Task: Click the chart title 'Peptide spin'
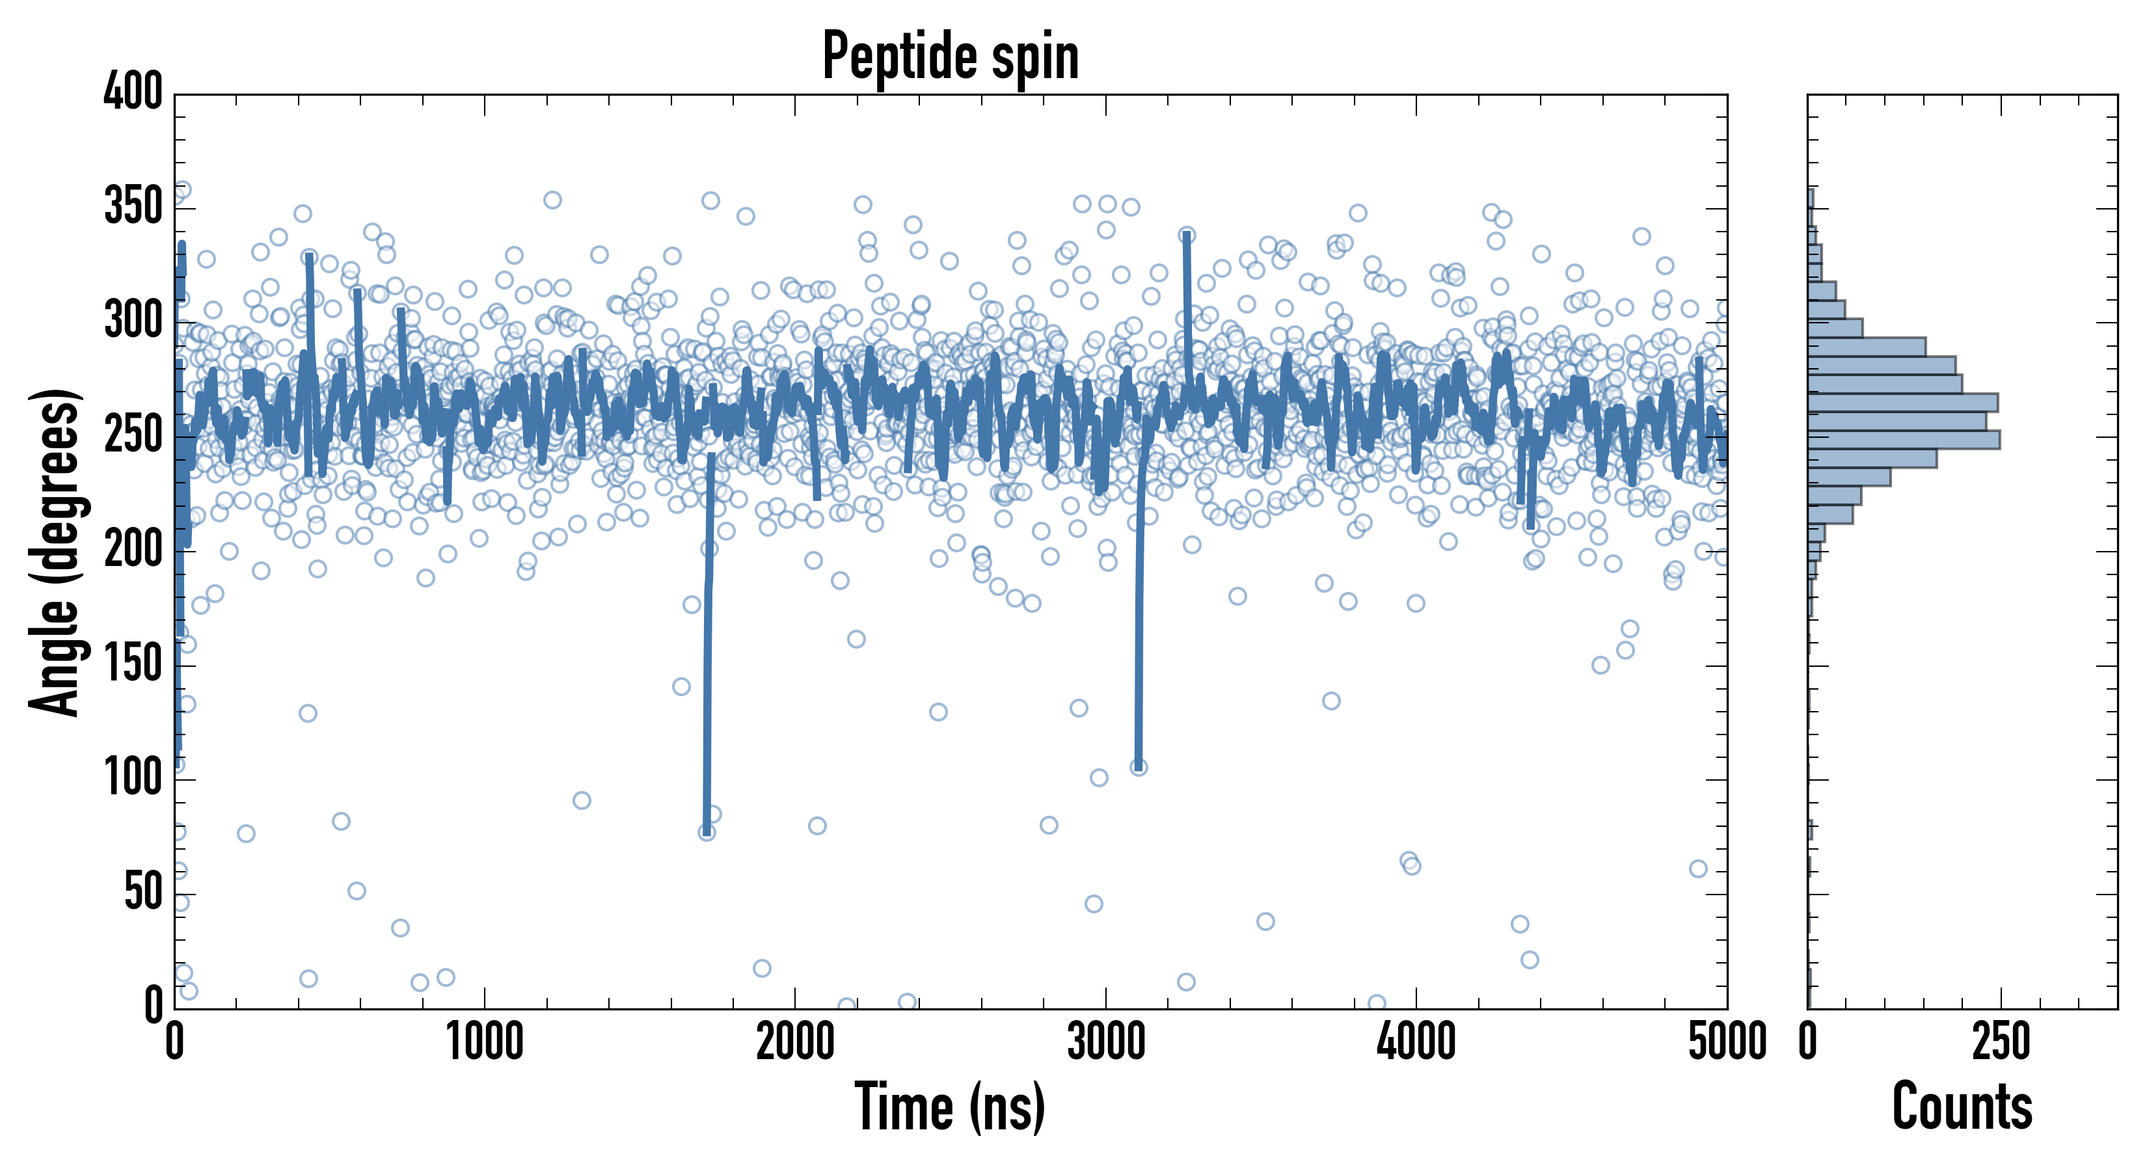(950, 57)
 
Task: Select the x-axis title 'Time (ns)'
(949, 1107)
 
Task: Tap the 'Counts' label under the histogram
(1962, 1107)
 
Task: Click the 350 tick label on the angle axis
(133, 207)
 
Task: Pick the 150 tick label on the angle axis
(133, 664)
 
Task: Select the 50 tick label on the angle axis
(143, 893)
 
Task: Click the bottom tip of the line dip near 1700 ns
(707, 830)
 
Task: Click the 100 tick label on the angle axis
(133, 779)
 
